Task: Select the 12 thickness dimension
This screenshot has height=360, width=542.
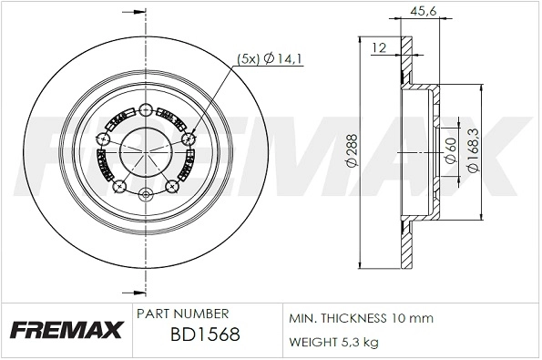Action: pyautogui.click(x=379, y=46)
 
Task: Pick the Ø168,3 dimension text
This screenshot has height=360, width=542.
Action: pyautogui.click(x=473, y=152)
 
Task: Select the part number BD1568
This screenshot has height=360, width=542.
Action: pyautogui.click(x=204, y=334)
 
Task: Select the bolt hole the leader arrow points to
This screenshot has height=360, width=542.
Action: pyautogui.click(x=189, y=139)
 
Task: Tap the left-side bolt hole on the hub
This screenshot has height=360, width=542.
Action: pyautogui.click(x=104, y=139)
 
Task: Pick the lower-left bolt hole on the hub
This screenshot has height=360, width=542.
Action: pyautogui.click(x=119, y=187)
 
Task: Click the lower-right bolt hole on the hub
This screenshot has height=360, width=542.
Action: pyautogui.click(x=172, y=187)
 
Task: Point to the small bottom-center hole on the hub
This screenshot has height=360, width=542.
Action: pyautogui.click(x=146, y=194)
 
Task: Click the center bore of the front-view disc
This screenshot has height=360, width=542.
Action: pyautogui.click(x=146, y=150)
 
